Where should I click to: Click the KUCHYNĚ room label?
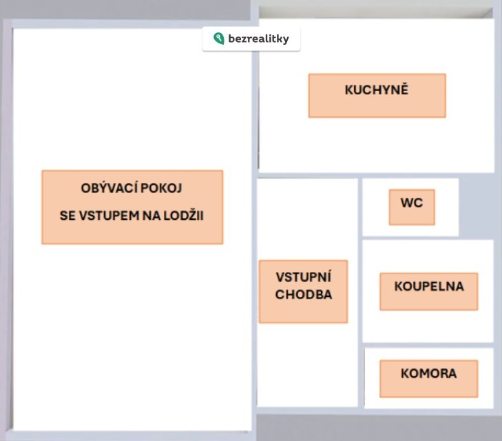[x=377, y=90]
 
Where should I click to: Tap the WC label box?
[x=412, y=203]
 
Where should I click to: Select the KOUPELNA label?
[x=428, y=286]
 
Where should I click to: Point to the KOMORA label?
[x=428, y=374]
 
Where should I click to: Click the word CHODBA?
[x=304, y=295]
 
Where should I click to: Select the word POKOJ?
[x=165, y=188]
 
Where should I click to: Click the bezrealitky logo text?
[x=258, y=39]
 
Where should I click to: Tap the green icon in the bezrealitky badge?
[x=218, y=39]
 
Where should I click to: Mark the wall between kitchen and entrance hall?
[x=308, y=175]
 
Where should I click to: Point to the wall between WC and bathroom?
[x=410, y=238]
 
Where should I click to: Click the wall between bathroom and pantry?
[x=428, y=345]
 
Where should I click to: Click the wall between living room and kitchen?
[x=254, y=103]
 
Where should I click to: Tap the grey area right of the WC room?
[x=476, y=207]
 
